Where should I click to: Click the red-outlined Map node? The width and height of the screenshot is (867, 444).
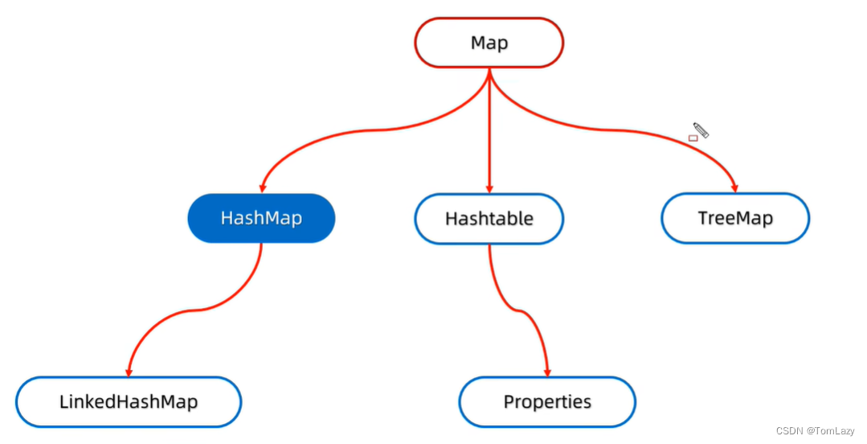coord(489,43)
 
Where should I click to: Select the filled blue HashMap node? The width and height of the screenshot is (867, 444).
coord(261,218)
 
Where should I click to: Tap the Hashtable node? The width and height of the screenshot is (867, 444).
coord(489,219)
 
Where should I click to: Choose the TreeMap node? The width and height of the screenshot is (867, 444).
coord(735,218)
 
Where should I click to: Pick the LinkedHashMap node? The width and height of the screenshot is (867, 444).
coord(129,402)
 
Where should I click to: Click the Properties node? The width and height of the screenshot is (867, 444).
coord(547,402)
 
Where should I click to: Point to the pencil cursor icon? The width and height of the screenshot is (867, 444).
coord(701,130)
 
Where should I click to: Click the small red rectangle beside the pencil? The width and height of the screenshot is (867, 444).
coord(693,138)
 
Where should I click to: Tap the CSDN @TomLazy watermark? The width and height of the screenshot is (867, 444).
coord(816,430)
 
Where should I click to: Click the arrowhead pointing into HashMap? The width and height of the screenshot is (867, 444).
coord(263,189)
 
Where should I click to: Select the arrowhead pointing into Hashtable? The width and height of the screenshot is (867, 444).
coord(489,189)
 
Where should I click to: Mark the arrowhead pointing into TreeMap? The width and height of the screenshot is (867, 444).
coord(734,188)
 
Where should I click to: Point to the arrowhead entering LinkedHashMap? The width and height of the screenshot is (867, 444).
coord(129,372)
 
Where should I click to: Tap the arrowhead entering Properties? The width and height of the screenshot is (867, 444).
coord(547,372)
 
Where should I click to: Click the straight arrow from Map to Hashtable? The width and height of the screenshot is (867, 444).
coord(489,130)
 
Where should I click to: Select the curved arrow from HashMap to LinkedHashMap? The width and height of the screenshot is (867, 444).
coord(196,310)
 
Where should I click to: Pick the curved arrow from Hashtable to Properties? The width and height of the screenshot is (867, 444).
coord(518,310)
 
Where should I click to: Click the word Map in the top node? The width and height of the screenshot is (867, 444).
coord(489,43)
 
